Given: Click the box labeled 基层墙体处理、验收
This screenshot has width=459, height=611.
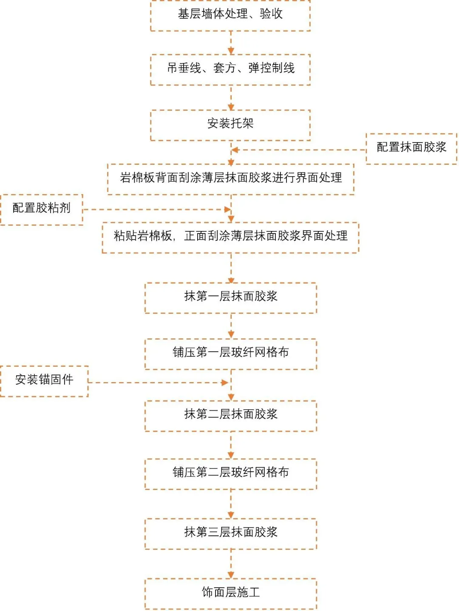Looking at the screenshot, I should pos(230,15).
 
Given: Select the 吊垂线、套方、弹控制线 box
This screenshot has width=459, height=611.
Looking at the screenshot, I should pos(230,69).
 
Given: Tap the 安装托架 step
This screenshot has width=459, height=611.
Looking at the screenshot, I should pos(230,124).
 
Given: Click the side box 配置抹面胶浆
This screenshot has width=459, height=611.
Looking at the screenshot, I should pos(411,148).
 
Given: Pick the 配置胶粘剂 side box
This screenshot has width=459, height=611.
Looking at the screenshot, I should pos(42,209).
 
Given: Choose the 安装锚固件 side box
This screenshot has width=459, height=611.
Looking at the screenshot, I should pos(44,380).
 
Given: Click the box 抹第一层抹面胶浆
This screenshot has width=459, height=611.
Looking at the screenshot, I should pos(231,297).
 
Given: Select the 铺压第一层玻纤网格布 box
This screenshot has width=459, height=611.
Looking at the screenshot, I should pos(231,353).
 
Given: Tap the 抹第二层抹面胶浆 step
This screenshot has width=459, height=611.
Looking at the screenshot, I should pos(231,415).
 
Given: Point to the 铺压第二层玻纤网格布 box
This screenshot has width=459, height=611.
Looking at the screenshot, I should pos(231,473).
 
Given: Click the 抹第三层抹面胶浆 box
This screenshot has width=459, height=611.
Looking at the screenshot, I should pos(231,533).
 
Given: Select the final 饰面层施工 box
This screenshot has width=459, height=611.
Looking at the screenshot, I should pos(231,593).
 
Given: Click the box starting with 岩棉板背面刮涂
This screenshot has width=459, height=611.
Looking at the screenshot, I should pos(231,179).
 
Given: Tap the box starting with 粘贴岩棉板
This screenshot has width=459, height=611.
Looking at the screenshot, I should pos(231,237).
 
